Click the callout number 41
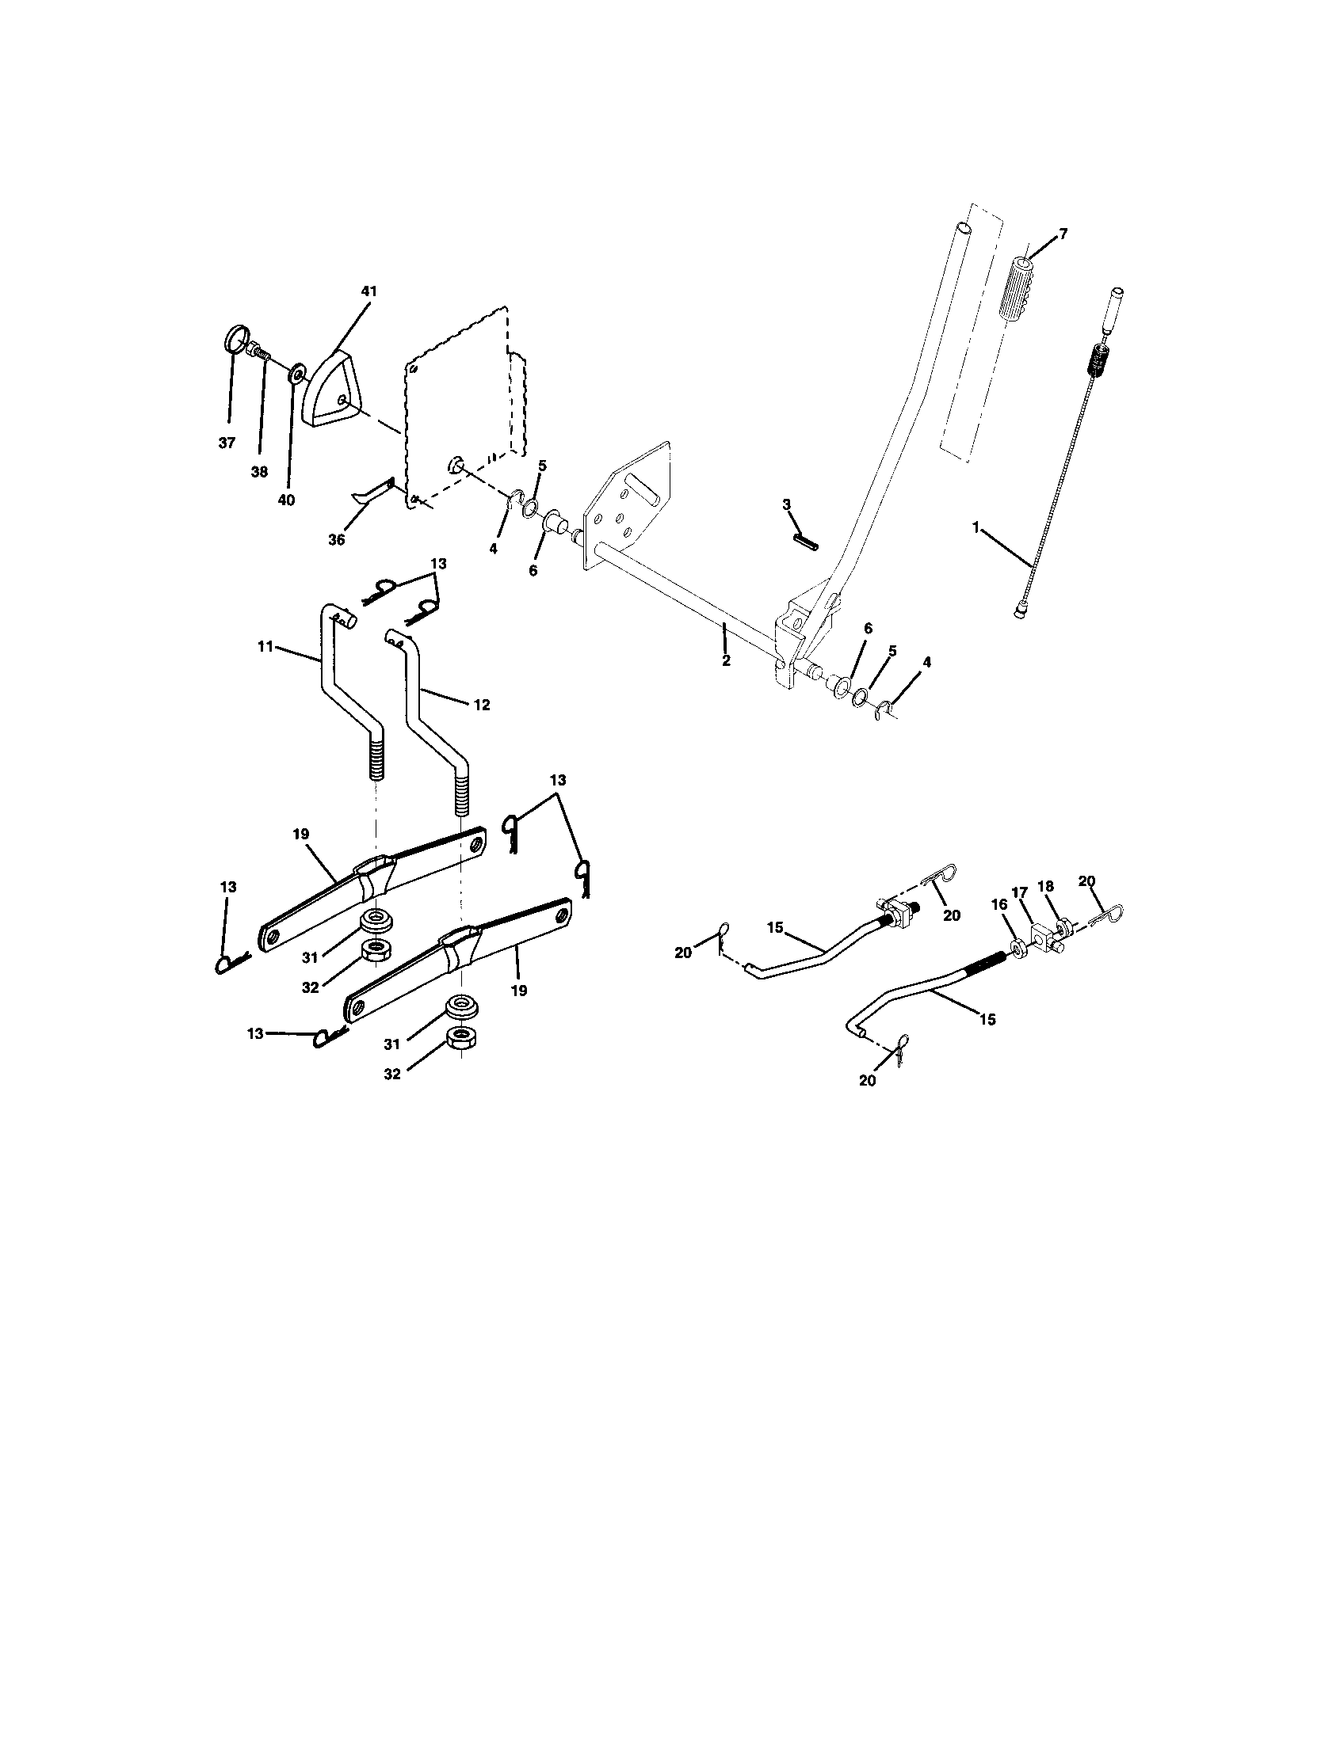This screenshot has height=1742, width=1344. (368, 292)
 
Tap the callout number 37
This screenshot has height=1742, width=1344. (227, 443)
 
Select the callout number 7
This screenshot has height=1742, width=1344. (1062, 234)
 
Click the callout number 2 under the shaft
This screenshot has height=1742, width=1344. (726, 660)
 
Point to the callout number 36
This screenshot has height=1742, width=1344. (337, 540)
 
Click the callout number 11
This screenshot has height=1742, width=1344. (265, 646)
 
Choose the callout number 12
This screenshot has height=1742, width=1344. (482, 705)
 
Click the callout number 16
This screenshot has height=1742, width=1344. (1000, 903)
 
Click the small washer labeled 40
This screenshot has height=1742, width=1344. (297, 372)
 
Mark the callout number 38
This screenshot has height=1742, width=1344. (259, 471)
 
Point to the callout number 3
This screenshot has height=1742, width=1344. (787, 504)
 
